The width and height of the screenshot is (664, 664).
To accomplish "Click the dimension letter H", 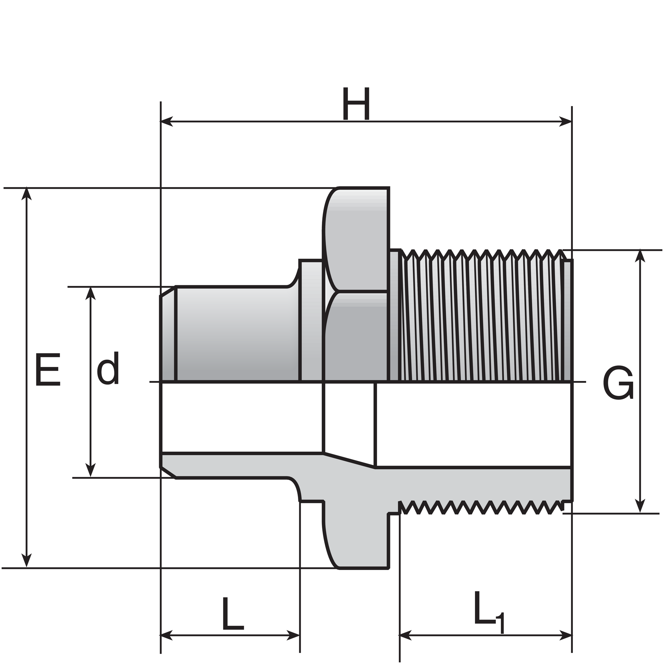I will (x=356, y=104).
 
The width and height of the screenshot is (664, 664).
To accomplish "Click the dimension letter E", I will (x=48, y=370).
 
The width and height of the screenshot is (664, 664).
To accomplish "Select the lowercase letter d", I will (x=108, y=368).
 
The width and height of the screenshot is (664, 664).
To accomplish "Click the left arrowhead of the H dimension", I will (x=167, y=121).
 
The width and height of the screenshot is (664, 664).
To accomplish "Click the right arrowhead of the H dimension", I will (x=565, y=121).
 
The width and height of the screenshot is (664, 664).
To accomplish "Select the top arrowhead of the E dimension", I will (x=27, y=194).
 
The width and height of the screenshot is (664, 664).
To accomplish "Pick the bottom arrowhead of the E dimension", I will (x=27, y=562).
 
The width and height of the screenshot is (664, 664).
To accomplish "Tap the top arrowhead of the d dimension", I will (x=90, y=293).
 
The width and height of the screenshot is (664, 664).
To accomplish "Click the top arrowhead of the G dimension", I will (x=640, y=256).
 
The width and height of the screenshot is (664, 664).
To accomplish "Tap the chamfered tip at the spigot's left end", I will (x=168, y=337).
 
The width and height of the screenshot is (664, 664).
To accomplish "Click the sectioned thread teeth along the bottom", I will (x=481, y=508).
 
